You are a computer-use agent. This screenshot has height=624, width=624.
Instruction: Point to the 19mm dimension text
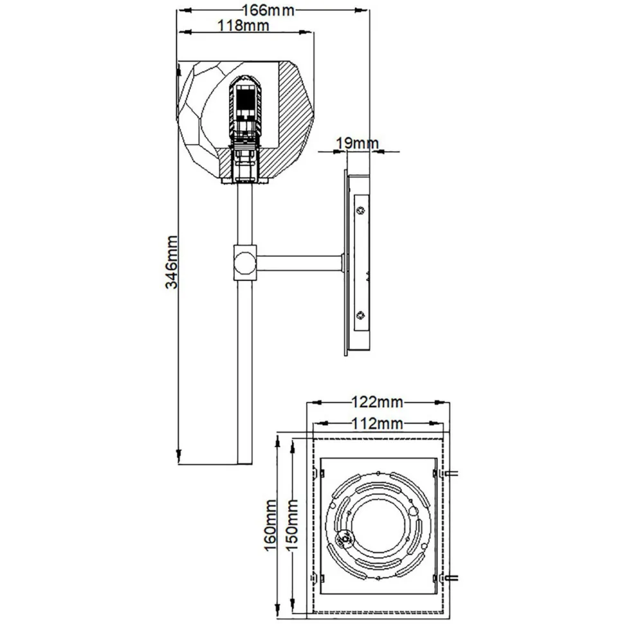tap(354, 143)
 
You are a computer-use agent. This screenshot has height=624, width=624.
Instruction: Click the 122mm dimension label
tap(376, 403)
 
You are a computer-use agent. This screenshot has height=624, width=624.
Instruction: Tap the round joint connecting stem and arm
tap(244, 262)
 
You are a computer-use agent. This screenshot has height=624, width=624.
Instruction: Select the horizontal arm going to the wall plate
tap(299, 262)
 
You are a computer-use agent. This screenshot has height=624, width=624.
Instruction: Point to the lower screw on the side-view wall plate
tap(361, 315)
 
